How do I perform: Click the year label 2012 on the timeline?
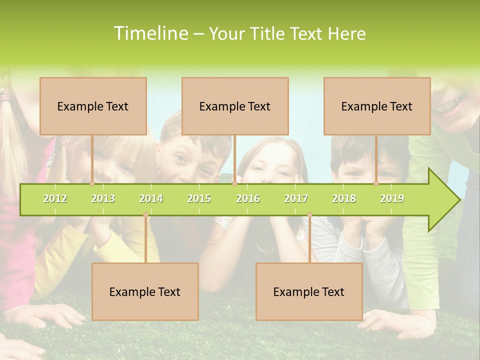(55, 199)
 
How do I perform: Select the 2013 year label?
(103, 199)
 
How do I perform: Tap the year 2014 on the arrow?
(151, 199)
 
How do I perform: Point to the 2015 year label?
(199, 199)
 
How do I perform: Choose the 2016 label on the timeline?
(248, 199)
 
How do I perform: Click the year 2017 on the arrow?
(296, 199)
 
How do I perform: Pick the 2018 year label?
(344, 199)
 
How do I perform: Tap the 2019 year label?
(392, 199)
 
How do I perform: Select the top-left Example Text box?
(93, 106)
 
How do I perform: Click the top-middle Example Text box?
(235, 106)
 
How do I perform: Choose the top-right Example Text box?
(377, 106)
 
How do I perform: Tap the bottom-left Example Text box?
(145, 291)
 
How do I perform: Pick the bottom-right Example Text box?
(309, 291)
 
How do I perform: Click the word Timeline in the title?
(149, 33)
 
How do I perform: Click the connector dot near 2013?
(92, 183)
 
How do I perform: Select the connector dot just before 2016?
(234, 183)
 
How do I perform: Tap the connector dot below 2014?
(145, 215)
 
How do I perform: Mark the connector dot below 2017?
(309, 215)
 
